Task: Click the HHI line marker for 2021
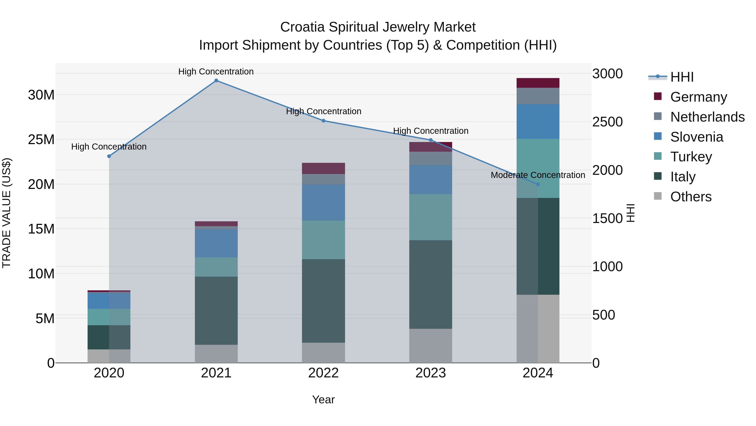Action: pyautogui.click(x=216, y=81)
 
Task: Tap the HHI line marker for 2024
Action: pyautogui.click(x=538, y=184)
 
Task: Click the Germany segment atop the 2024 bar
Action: pyautogui.click(x=538, y=83)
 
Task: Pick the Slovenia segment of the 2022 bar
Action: pyautogui.click(x=323, y=203)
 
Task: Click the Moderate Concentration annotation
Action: pyautogui.click(x=538, y=175)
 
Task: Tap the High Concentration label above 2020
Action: pyautogui.click(x=109, y=146)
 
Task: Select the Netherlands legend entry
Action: pyautogui.click(x=707, y=117)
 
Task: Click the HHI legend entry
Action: pyautogui.click(x=681, y=77)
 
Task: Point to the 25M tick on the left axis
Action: pyautogui.click(x=41, y=140)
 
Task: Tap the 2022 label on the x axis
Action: pyautogui.click(x=323, y=373)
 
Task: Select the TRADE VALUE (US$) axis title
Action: pyautogui.click(x=7, y=213)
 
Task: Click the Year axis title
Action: pyautogui.click(x=323, y=399)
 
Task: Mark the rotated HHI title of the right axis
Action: pyautogui.click(x=630, y=213)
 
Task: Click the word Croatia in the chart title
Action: pyautogui.click(x=303, y=27)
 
